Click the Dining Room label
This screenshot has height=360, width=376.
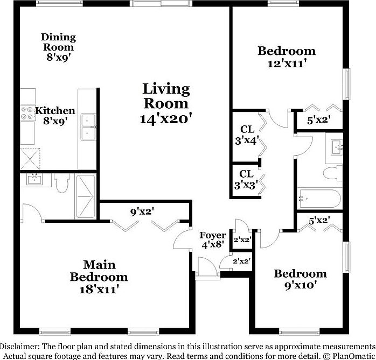coord(58,47)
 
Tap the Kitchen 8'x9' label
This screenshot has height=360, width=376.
coord(54,116)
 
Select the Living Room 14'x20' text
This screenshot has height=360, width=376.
coord(166,103)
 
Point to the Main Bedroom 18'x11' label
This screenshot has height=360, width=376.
coord(99,277)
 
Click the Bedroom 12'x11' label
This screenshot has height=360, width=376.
coord(286,57)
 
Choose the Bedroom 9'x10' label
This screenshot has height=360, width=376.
coord(300,279)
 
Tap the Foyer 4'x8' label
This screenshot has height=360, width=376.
coord(212,240)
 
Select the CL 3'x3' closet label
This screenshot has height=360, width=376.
coord(246,179)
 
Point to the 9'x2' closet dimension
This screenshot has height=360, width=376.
coord(142,211)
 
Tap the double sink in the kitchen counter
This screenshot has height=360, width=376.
coord(87,126)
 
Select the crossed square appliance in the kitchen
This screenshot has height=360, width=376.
coord(31,157)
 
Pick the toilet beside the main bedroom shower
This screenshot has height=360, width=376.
coord(62,183)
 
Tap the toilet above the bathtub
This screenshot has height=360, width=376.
coord(331,173)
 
